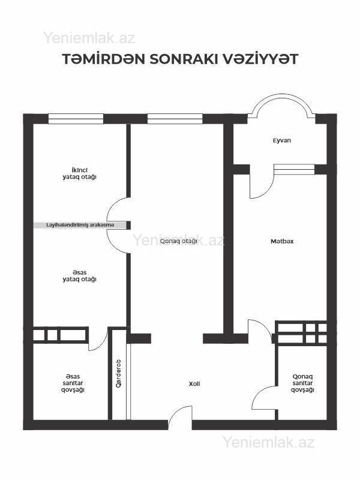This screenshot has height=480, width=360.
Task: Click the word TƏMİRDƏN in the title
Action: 104,59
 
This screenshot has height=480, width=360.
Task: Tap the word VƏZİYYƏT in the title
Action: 260,59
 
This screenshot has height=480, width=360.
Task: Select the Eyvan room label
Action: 282,140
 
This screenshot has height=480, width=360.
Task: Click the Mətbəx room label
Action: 282,241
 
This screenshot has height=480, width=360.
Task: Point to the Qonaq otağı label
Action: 178,241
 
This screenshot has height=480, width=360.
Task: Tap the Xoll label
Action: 194,383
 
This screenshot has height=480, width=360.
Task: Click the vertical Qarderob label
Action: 118,373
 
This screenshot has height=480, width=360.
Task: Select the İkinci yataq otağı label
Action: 80,173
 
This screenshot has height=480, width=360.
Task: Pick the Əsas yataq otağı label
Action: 80,276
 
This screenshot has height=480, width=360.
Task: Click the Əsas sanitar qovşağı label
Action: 73,383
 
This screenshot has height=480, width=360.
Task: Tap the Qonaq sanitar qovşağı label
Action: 302,383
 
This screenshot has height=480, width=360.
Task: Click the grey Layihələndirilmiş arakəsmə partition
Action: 80,225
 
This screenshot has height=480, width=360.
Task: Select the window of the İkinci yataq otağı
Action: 76,119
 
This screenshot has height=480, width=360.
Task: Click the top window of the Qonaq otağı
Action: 175,119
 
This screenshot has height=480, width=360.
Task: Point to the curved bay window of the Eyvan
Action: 281,95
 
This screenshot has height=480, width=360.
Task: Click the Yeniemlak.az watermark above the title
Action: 89,38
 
